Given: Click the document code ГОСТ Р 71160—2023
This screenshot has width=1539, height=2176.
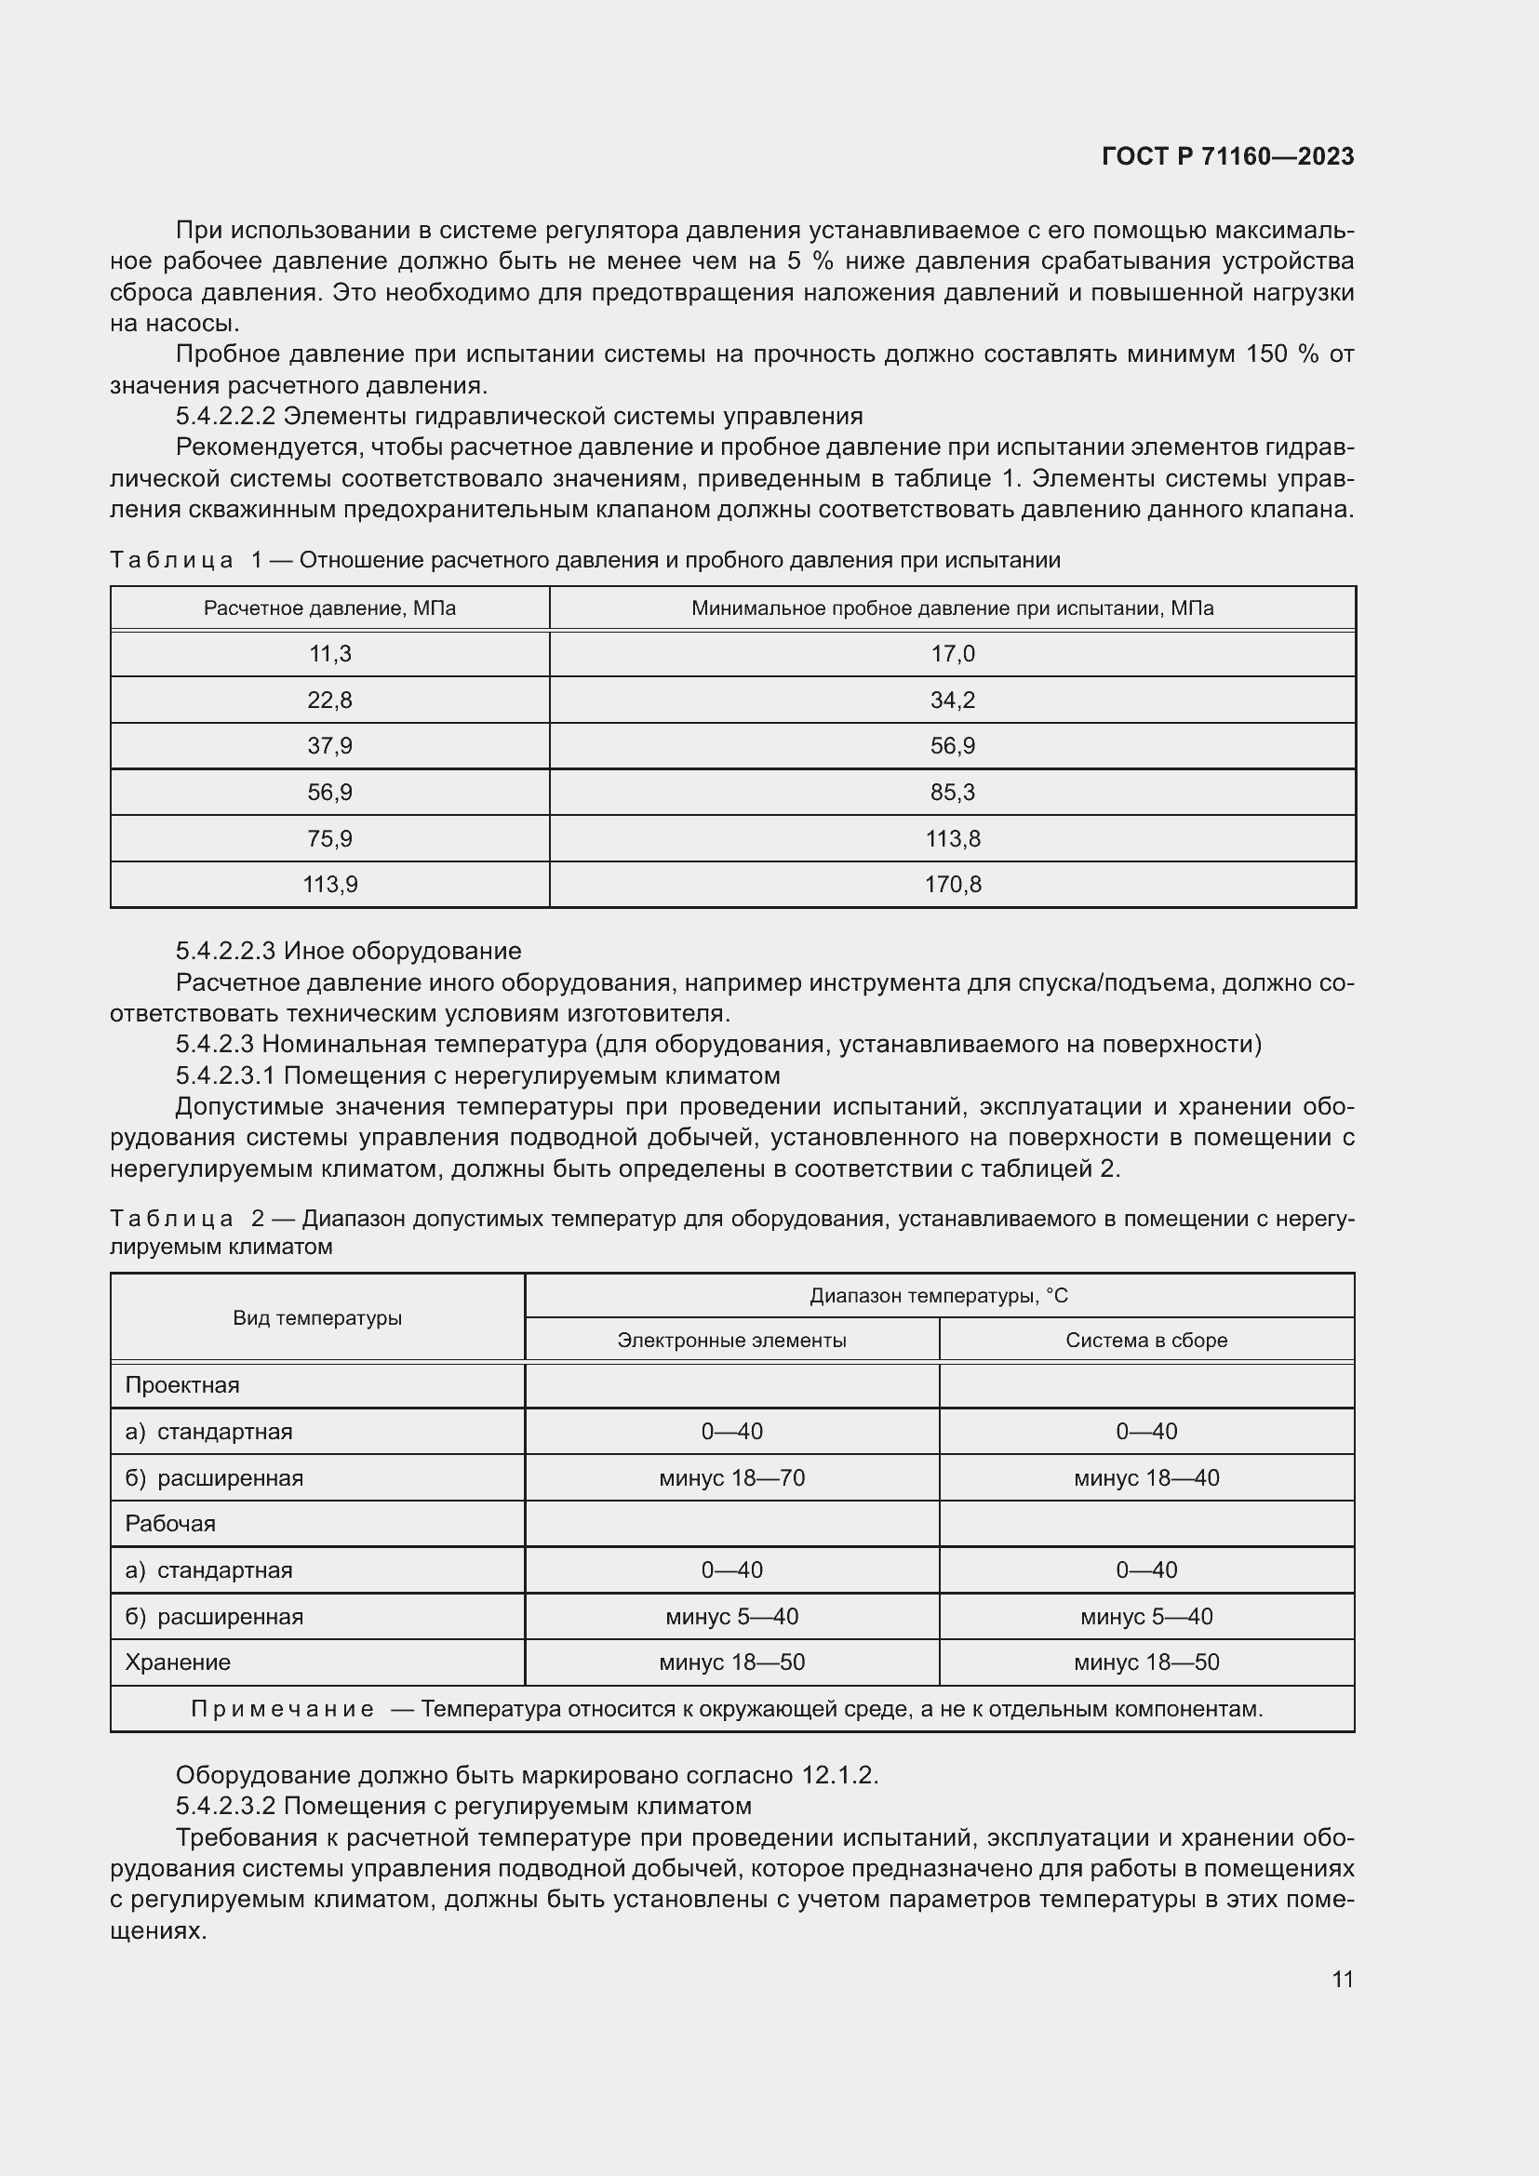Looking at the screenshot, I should tap(1227, 156).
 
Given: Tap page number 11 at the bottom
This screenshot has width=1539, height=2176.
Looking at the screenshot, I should tap(1342, 1979).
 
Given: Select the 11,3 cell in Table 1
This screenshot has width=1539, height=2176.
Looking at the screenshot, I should tap(329, 654).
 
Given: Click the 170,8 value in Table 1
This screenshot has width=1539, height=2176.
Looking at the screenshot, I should tap(953, 884).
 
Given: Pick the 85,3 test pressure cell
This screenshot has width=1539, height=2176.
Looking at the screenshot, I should tap(953, 793).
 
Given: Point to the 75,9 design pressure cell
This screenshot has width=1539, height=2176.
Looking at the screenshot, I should tap(329, 839).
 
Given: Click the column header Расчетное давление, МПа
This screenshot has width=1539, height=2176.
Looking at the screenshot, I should tap(329, 608).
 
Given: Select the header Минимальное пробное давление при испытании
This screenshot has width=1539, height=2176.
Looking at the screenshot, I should tap(953, 608).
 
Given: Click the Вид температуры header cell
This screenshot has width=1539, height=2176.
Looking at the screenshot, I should tap(317, 1318).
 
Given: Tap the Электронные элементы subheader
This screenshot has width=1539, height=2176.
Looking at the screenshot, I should tap(731, 1340).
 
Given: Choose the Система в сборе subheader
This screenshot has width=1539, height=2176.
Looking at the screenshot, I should tap(1145, 1340).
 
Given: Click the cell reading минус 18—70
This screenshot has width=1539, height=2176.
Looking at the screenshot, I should tap(731, 1478).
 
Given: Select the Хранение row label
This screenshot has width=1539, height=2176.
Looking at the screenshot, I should tap(178, 1662).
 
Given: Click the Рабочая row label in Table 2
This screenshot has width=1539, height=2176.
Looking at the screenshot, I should tap(170, 1524).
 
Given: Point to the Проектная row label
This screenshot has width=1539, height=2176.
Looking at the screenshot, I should tap(182, 1385).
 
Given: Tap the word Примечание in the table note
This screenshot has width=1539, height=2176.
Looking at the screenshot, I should tap(283, 1709).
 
